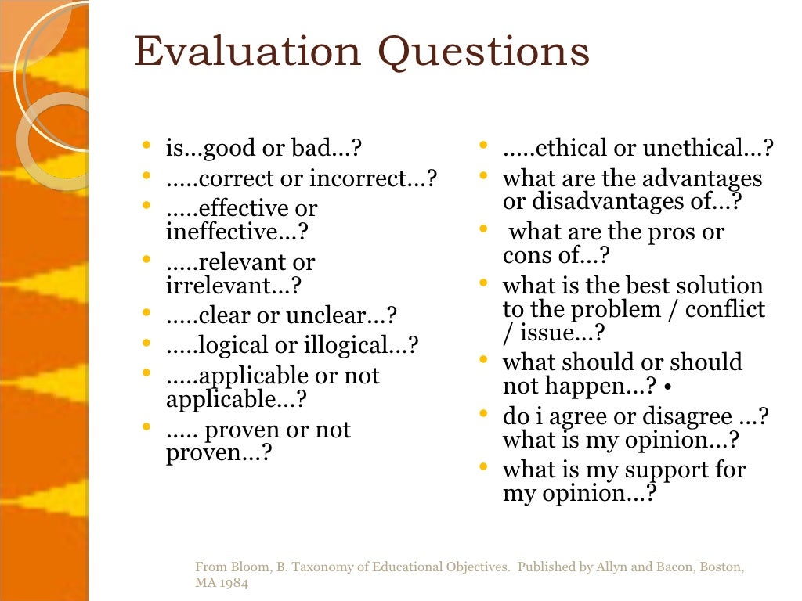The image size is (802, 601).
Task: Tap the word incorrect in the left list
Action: point(366,178)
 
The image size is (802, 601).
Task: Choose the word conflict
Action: point(725,308)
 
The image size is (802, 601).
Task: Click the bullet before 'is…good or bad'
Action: point(147,146)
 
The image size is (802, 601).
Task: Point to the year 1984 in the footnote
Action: point(233,583)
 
